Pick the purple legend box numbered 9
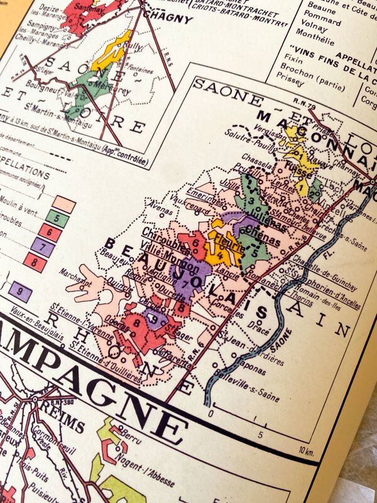[x=21, y=290]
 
